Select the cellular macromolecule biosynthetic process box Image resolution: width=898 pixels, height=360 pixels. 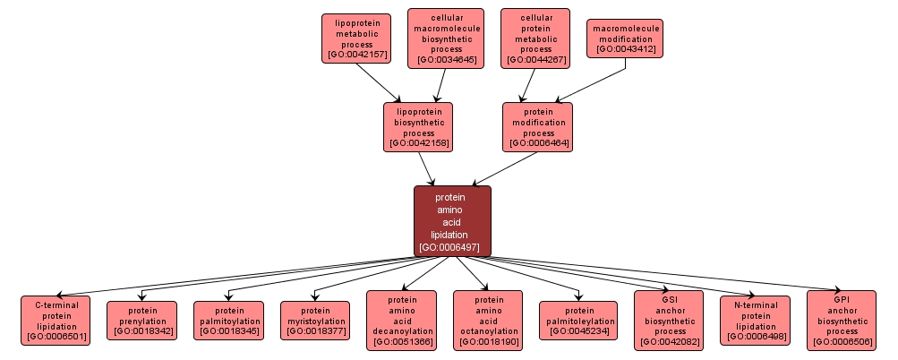click(x=446, y=39)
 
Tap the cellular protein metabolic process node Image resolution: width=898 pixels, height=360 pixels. click(x=535, y=39)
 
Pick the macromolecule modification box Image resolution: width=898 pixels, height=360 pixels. click(x=626, y=39)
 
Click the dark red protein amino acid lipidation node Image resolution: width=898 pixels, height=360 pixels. click(x=452, y=220)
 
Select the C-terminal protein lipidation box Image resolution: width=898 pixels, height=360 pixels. click(x=56, y=321)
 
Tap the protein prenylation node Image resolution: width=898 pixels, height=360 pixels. click(x=142, y=321)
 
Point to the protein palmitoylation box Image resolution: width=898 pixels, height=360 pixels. click(x=229, y=321)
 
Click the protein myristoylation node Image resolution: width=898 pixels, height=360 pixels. click(x=315, y=321)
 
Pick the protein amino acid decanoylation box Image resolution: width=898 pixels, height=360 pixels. click(x=402, y=320)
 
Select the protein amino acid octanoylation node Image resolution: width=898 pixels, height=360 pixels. click(x=489, y=320)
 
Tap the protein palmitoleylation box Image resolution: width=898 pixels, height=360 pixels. click(x=578, y=321)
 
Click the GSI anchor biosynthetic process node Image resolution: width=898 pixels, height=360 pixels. click(x=669, y=320)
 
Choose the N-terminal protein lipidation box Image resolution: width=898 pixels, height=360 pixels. click(x=755, y=321)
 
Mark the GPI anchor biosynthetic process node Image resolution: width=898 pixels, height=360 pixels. click(x=842, y=320)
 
